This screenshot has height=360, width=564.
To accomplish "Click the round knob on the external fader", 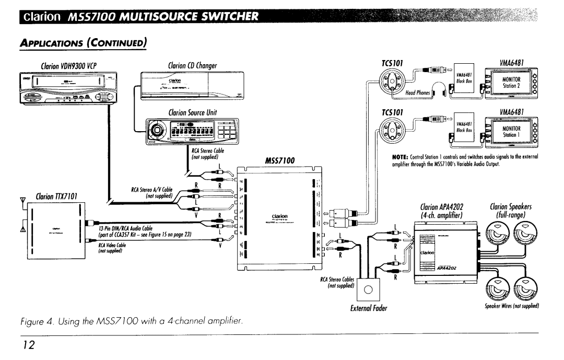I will click(368, 290).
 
